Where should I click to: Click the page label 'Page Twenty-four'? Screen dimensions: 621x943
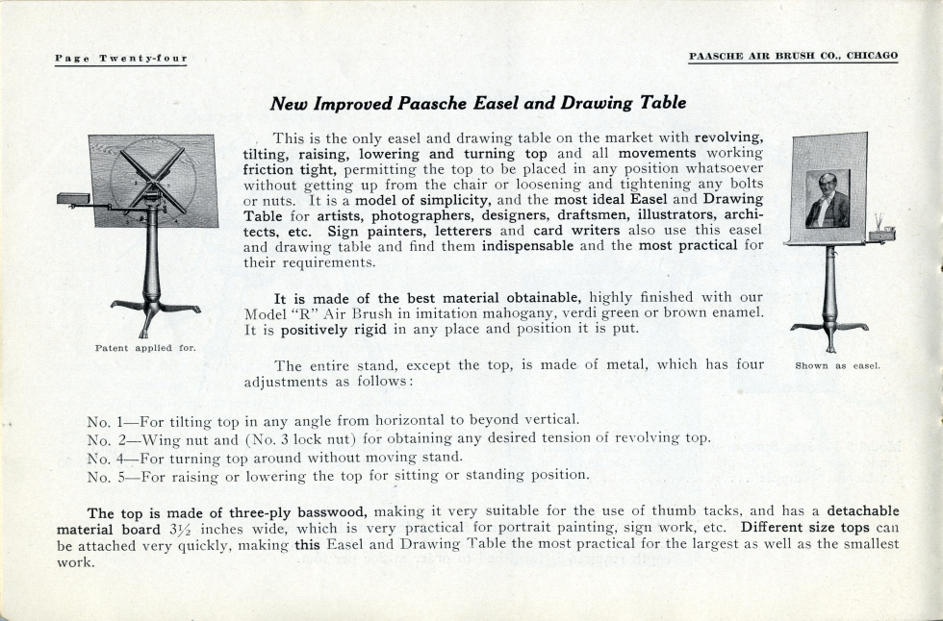(x=120, y=59)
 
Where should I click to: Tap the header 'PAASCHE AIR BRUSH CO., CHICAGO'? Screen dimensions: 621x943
(x=793, y=56)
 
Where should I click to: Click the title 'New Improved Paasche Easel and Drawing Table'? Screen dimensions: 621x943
(x=478, y=103)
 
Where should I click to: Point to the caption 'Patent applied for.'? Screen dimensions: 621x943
(x=145, y=347)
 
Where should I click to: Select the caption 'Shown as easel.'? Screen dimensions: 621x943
(x=837, y=365)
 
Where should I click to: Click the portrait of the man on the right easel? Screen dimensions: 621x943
(x=828, y=199)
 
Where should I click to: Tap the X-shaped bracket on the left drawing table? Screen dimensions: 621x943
(x=153, y=179)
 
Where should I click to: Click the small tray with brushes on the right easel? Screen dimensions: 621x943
(x=880, y=233)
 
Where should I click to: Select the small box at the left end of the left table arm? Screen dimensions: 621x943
(x=72, y=199)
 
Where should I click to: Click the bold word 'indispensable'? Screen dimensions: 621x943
(x=527, y=245)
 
